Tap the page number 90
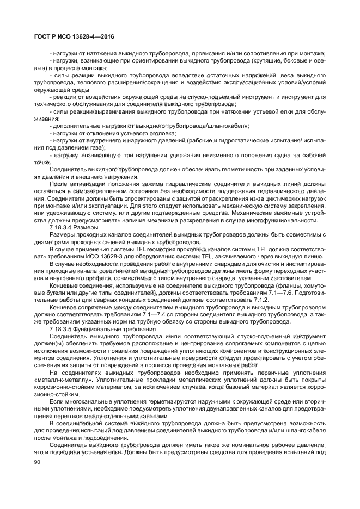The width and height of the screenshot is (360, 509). pos(38,461)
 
